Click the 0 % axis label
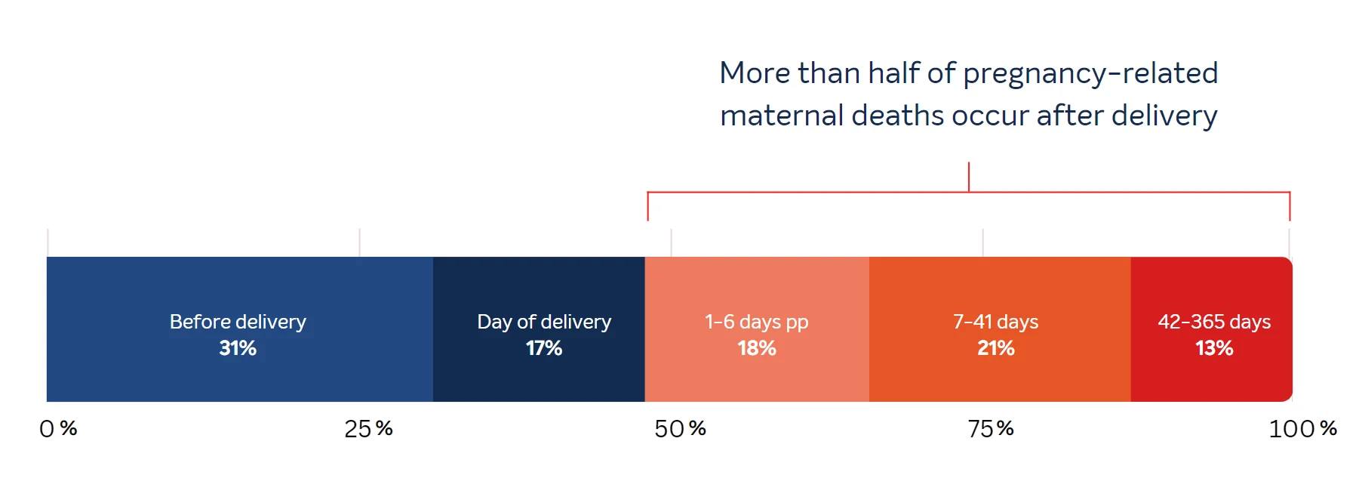[58, 429]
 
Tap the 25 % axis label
[368, 429]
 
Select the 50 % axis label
[680, 429]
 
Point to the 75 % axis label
[991, 429]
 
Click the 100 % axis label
[1302, 429]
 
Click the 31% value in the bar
[238, 348]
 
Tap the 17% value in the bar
[544, 348]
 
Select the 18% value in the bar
[757, 348]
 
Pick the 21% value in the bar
[996, 348]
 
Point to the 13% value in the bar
[1214, 348]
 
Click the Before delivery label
[238, 322]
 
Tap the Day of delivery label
[544, 322]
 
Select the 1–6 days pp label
[757, 322]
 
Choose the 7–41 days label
[996, 322]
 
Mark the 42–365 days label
[1214, 322]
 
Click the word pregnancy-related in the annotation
[1090, 74]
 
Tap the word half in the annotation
[893, 73]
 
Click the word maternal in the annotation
[781, 116]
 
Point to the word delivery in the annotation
[1164, 116]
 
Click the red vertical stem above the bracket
[969, 177]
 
